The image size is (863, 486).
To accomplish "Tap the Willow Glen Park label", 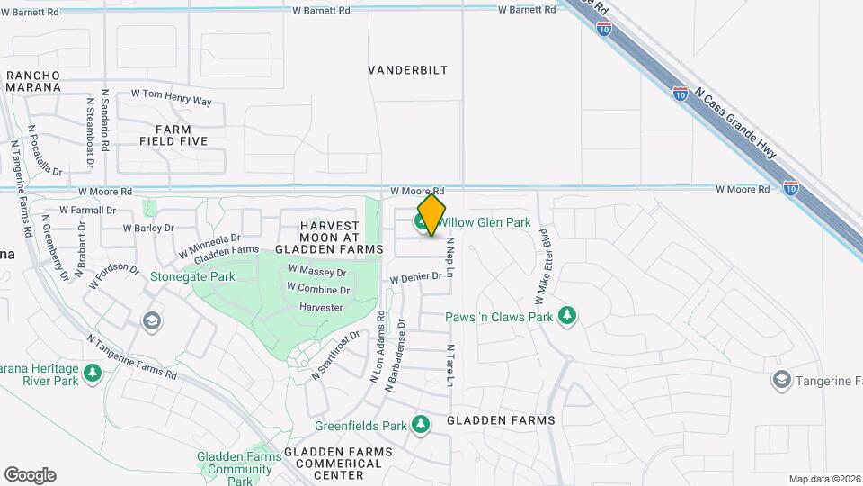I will pyautogui.click(x=485, y=222).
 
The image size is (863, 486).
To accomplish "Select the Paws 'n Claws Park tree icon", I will pyautogui.click(x=566, y=316).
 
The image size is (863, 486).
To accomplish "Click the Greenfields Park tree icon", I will pyautogui.click(x=421, y=424).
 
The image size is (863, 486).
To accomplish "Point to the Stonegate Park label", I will pyautogui.click(x=192, y=277).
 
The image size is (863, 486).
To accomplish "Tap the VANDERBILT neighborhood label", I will pyautogui.click(x=408, y=70).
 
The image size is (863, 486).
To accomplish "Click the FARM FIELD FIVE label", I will pyautogui.click(x=173, y=135).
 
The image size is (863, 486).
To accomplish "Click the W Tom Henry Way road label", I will pyautogui.click(x=172, y=97).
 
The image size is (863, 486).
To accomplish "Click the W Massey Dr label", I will pyautogui.click(x=317, y=271).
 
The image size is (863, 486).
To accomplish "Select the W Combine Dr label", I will pyautogui.click(x=318, y=290).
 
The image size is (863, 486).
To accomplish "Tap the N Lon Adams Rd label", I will pyautogui.click(x=378, y=346).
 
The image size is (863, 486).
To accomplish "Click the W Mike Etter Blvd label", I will pyautogui.click(x=544, y=252).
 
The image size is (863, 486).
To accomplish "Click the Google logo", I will pyautogui.click(x=30, y=474).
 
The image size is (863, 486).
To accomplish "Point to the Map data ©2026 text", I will pyautogui.click(x=823, y=479).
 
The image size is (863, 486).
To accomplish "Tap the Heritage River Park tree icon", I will pyautogui.click(x=92, y=373).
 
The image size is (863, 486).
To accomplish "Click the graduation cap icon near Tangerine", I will pyautogui.click(x=781, y=381).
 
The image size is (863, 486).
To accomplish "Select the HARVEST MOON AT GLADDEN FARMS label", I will pyautogui.click(x=329, y=237).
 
